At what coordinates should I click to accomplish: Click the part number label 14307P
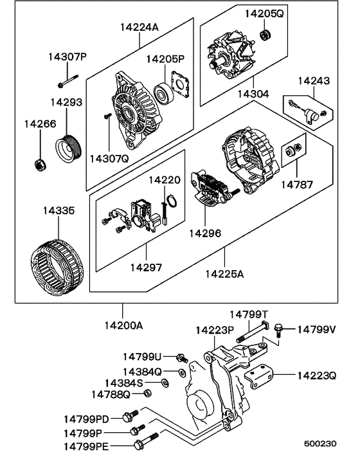67,57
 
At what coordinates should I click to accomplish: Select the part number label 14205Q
263,14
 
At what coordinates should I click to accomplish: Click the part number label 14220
165,180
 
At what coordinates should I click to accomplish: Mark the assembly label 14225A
224,274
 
